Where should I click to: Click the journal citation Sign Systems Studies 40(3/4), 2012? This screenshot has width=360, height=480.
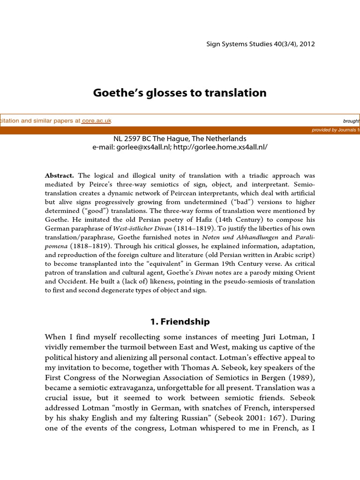261,44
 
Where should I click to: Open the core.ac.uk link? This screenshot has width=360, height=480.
97,120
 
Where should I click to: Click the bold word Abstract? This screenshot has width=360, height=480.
59,176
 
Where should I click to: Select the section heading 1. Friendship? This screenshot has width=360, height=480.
180,322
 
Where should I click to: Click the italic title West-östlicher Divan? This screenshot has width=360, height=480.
144,228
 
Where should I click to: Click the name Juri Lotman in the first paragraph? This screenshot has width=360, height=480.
286,337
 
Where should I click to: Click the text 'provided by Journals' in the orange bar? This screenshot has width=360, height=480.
335,130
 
